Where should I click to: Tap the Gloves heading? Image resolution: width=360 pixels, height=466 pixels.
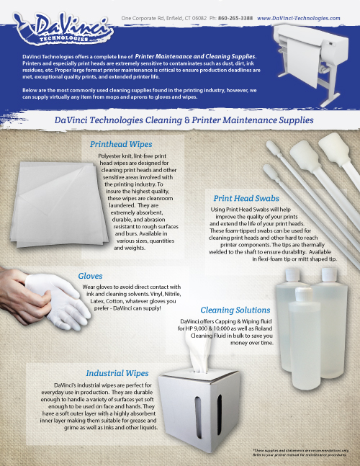tap(92, 275)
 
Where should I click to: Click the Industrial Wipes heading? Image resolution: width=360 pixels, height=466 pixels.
tap(117, 373)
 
